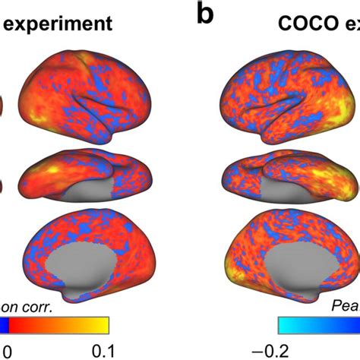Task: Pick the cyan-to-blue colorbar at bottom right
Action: (319, 325)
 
